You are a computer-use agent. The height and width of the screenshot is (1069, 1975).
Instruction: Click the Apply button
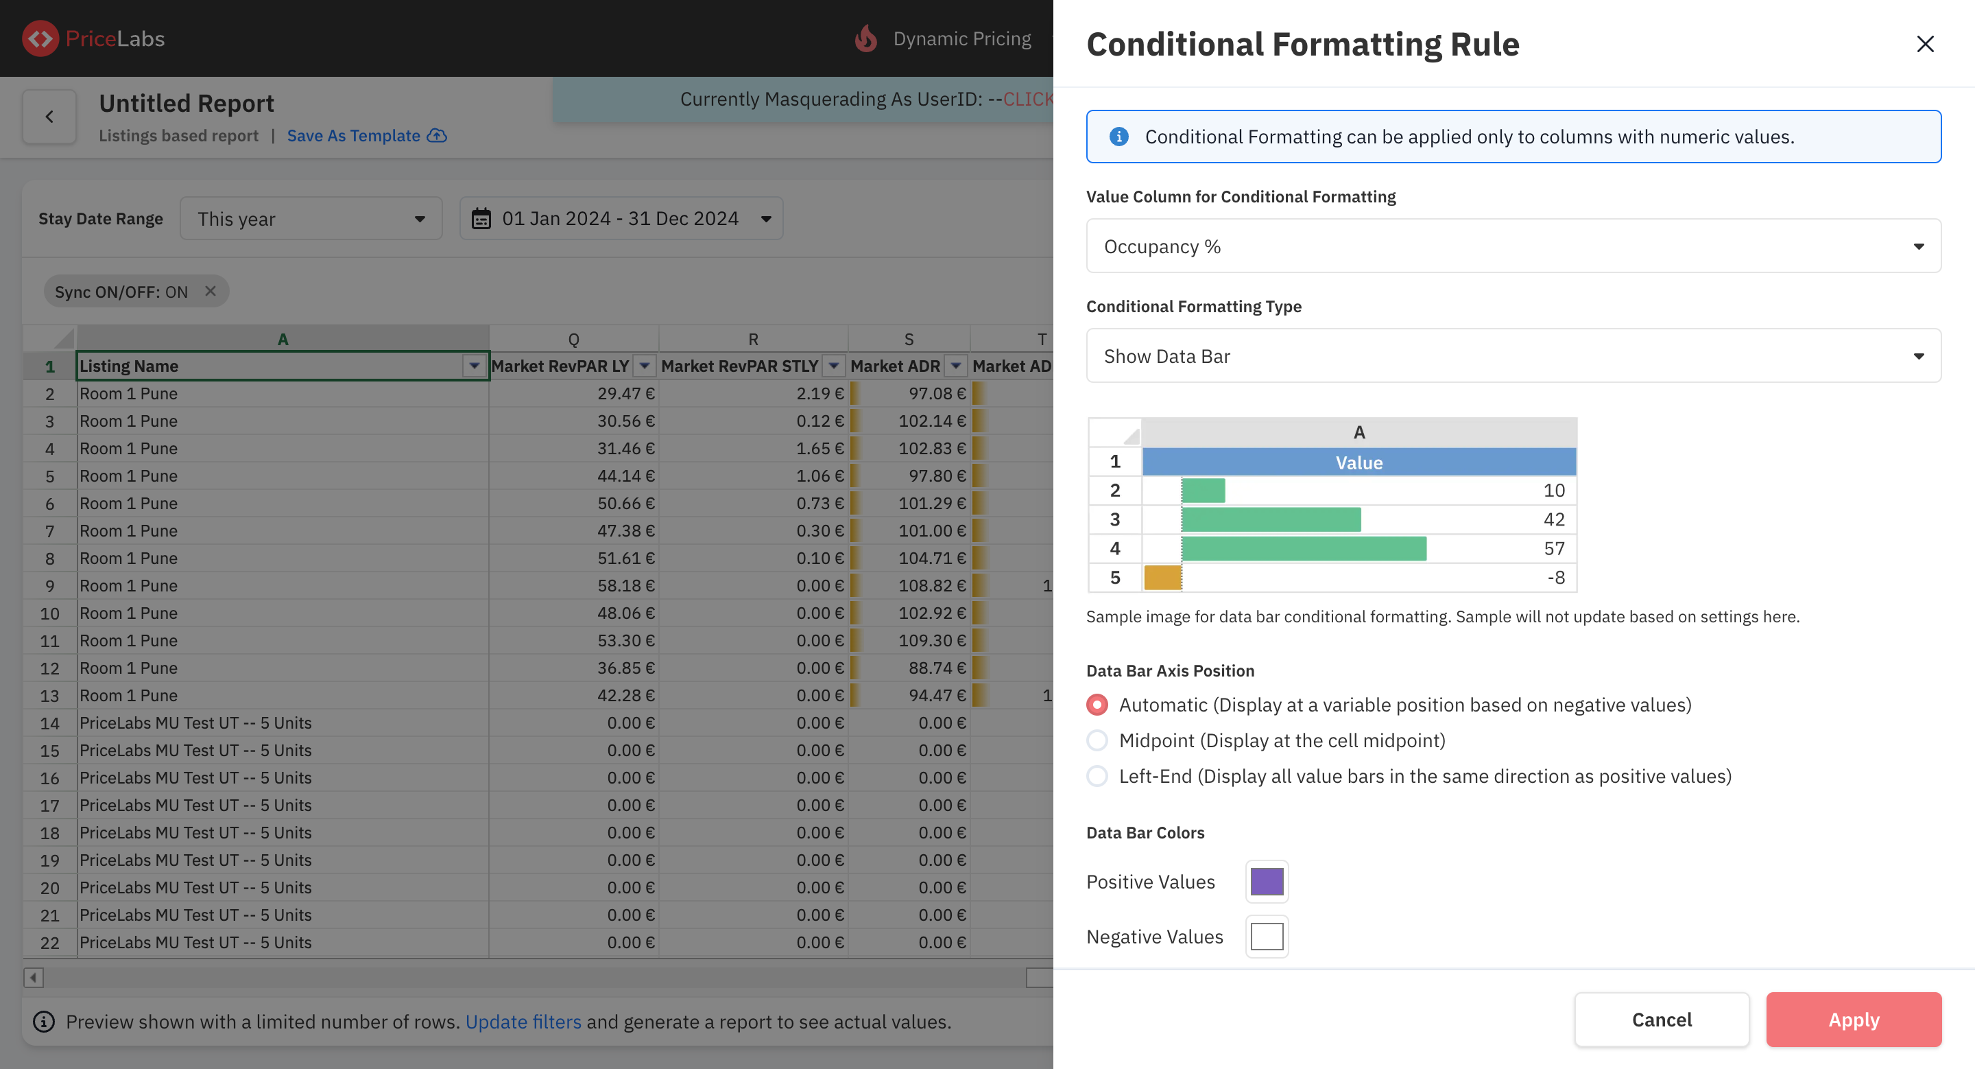(x=1853, y=1019)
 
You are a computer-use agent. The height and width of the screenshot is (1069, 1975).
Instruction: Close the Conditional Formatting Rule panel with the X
(x=1924, y=44)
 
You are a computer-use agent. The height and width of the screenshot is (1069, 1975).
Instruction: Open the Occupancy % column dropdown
(x=1513, y=246)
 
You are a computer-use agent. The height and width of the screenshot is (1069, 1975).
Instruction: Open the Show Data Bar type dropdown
(x=1513, y=356)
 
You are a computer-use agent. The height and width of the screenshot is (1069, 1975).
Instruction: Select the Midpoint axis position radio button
(x=1097, y=740)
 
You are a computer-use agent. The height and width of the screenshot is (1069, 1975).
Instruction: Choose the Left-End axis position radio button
(x=1097, y=776)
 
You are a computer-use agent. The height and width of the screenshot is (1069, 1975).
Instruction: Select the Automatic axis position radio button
(x=1097, y=705)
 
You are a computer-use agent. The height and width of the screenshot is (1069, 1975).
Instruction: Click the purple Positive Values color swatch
(x=1267, y=882)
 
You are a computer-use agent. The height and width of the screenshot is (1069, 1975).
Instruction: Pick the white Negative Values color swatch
(x=1267, y=937)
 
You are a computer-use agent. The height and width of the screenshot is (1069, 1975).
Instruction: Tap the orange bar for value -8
(x=1162, y=578)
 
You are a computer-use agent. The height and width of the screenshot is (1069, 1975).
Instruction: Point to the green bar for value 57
(x=1304, y=548)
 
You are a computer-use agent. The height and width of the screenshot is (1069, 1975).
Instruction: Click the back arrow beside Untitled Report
(x=49, y=117)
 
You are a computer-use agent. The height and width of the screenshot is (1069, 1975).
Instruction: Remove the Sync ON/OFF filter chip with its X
(x=210, y=292)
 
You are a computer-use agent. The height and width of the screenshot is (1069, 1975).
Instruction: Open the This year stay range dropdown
(x=311, y=219)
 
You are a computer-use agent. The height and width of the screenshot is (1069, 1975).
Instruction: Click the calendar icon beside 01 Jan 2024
(x=481, y=219)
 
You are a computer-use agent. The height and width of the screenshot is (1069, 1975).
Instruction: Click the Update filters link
(x=523, y=1022)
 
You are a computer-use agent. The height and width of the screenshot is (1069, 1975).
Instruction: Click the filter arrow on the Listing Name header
(x=475, y=366)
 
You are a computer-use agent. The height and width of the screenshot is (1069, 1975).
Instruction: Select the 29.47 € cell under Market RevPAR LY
(x=573, y=393)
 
